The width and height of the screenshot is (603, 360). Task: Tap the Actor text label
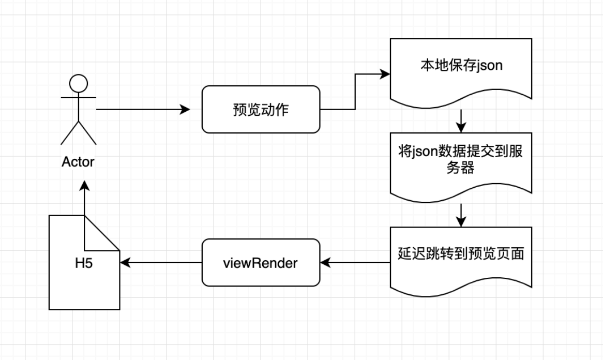pyautogui.click(x=78, y=161)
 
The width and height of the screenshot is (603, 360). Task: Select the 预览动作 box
pyautogui.click(x=261, y=109)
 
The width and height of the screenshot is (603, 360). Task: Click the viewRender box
pyautogui.click(x=261, y=262)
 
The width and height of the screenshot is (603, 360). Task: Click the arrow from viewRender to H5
pyautogui.click(x=161, y=263)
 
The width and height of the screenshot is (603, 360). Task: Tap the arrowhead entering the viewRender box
pyautogui.click(x=325, y=263)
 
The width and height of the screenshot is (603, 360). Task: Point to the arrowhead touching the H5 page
pyautogui.click(x=125, y=263)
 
